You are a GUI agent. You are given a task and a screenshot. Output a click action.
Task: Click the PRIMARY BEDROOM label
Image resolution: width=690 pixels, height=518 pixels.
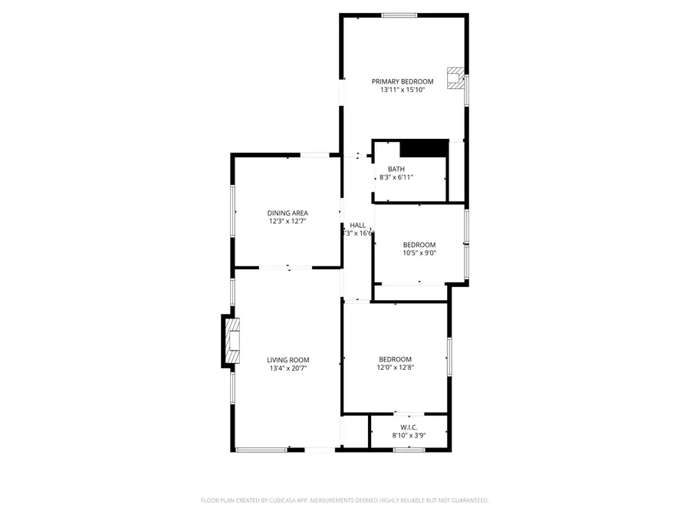pyautogui.click(x=402, y=81)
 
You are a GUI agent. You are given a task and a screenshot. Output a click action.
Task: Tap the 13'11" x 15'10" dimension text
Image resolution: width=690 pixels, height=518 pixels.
pyautogui.click(x=402, y=90)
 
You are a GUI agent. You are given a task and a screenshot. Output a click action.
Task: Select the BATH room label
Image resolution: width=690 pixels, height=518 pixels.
pyautogui.click(x=396, y=170)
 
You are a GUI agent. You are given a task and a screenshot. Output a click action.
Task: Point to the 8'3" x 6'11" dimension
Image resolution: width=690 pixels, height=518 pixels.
pyautogui.click(x=396, y=177)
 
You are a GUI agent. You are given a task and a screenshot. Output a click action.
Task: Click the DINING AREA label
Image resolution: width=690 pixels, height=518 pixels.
pyautogui.click(x=287, y=213)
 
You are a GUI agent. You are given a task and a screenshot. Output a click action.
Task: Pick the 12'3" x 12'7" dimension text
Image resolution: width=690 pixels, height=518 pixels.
pyautogui.click(x=287, y=222)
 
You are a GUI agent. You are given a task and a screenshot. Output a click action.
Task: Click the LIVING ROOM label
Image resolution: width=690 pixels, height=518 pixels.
pyautogui.click(x=288, y=360)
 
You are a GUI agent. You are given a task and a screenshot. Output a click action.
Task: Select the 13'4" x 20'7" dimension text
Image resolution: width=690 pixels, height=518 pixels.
pyautogui.click(x=288, y=368)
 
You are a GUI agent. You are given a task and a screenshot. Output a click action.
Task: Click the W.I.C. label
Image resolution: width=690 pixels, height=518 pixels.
pyautogui.click(x=409, y=427)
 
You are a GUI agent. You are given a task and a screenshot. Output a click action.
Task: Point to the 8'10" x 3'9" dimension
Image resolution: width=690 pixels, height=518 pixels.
pyautogui.click(x=409, y=436)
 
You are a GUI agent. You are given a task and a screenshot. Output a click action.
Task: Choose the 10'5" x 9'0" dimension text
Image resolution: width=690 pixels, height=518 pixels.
pyautogui.click(x=419, y=253)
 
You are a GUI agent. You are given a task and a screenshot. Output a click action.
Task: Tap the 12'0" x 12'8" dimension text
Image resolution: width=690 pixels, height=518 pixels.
pyautogui.click(x=395, y=368)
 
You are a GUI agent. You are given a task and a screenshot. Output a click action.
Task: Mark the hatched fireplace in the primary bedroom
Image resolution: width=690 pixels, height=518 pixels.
pyautogui.click(x=456, y=78)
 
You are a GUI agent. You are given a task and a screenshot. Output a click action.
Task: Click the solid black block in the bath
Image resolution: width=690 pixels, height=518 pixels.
pyautogui.click(x=424, y=147)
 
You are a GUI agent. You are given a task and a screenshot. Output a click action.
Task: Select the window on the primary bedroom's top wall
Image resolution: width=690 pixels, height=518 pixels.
pyautogui.click(x=399, y=15)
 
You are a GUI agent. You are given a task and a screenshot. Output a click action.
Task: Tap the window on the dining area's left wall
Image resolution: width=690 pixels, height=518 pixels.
pyautogui.click(x=233, y=211)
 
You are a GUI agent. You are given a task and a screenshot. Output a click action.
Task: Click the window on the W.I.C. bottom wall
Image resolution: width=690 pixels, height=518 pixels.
pyautogui.click(x=403, y=449)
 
